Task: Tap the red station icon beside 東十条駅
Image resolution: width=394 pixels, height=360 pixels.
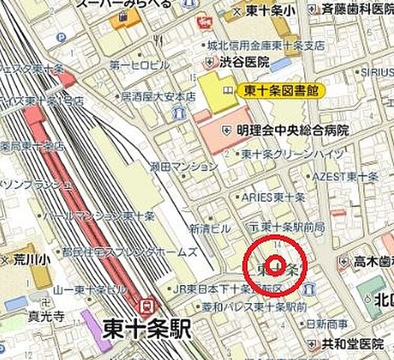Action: pyautogui.click(x=148, y=306)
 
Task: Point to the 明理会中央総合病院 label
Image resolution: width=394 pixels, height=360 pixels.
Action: pyautogui.click(x=297, y=130)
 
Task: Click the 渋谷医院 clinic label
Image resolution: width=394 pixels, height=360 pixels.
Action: pyautogui.click(x=243, y=63)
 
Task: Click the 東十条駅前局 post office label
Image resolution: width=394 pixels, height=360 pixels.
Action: pyautogui.click(x=288, y=226)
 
